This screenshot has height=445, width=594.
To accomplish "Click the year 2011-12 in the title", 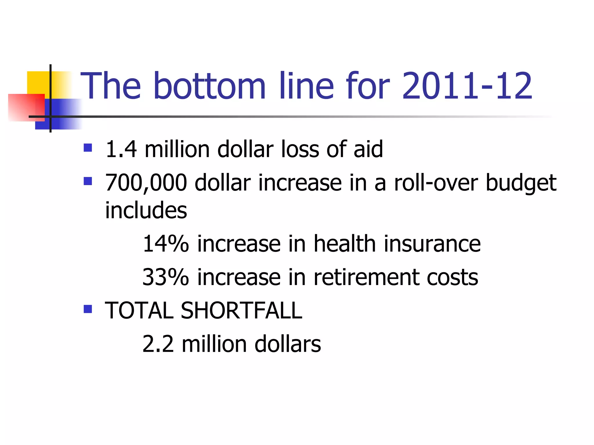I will tap(467, 86).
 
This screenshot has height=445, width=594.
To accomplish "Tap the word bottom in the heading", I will tap(209, 86).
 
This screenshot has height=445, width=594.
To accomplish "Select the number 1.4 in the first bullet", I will tap(121, 149).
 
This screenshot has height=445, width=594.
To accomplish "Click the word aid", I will tap(368, 149).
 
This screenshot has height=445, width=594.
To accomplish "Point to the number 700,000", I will tap(146, 183).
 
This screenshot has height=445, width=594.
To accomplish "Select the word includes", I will tap(146, 210).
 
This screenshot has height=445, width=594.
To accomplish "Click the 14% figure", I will tap(166, 244).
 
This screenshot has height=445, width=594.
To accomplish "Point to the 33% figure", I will tap(166, 278).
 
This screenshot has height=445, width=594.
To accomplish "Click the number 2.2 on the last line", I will tap(158, 344).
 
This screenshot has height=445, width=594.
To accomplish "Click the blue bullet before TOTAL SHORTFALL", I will tap(88, 309).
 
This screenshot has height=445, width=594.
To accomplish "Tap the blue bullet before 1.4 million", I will tap(88, 148).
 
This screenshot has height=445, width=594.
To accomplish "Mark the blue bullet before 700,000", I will tap(88, 181).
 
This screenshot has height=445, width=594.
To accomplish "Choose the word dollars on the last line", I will tap(287, 344).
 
